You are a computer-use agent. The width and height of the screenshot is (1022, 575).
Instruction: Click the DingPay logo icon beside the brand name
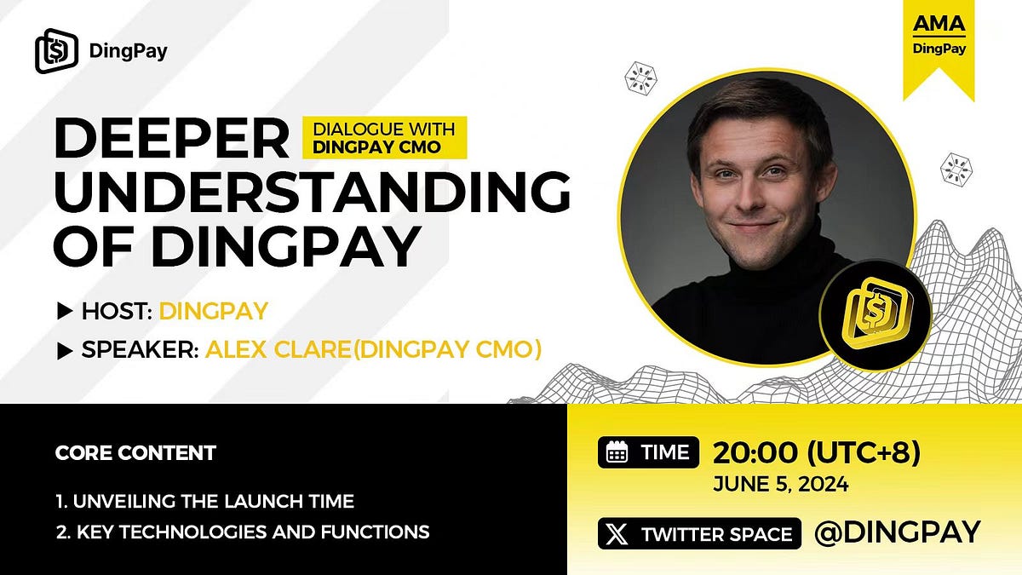tap(57, 51)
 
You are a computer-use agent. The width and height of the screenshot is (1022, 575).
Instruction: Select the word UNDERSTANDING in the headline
tap(311, 193)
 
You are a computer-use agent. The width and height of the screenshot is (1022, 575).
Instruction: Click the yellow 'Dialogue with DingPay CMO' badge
tap(385, 137)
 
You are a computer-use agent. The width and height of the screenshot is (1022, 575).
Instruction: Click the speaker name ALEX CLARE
tap(276, 349)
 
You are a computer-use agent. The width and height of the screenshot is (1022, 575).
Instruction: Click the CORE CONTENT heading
tap(135, 452)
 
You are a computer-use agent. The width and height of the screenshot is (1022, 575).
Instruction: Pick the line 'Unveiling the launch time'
tap(204, 501)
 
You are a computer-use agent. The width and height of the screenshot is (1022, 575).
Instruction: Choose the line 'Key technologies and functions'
tap(242, 533)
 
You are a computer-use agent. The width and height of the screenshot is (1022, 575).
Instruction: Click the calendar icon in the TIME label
tap(617, 454)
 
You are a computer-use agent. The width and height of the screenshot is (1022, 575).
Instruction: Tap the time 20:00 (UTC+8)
tap(816, 452)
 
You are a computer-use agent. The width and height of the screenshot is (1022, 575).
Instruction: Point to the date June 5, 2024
tap(780, 485)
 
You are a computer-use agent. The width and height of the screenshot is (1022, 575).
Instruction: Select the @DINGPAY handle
tap(897, 533)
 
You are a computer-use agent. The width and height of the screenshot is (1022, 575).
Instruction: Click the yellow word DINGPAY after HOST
tap(213, 311)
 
